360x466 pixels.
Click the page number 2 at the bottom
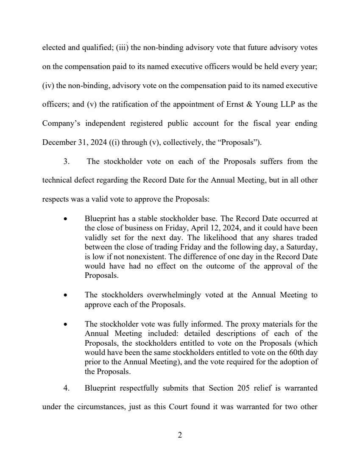pyautogui.click(x=180, y=435)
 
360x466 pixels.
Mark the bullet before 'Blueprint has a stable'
pyautogui.click(x=65, y=219)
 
